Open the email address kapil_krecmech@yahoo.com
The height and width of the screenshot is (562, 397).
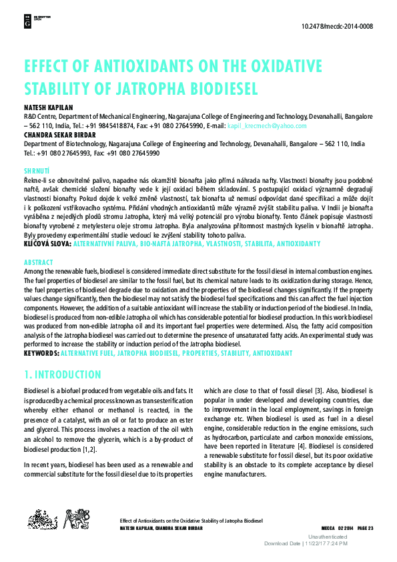point(267,125)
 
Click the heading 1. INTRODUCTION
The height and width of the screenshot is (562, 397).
point(63,374)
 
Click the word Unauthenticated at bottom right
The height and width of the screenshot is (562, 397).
point(327,537)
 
